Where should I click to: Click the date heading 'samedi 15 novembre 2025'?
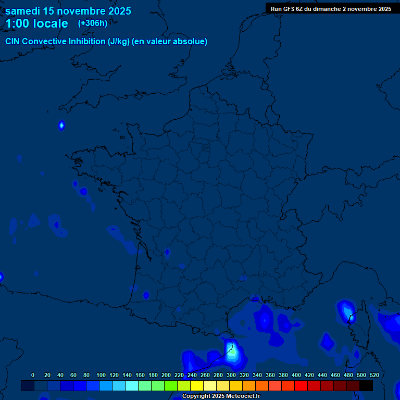point(68,11)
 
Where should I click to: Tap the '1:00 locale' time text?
point(36,23)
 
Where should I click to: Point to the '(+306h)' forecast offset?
point(93,23)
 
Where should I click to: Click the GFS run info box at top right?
point(331,8)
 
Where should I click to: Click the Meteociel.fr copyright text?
point(221,396)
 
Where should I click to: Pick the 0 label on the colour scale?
point(33,375)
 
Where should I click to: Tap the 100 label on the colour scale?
point(101,375)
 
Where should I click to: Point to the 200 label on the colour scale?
point(166,375)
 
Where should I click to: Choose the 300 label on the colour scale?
point(231,375)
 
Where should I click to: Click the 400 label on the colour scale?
point(296,375)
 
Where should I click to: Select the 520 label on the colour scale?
point(374,375)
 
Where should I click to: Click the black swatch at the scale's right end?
point(366,385)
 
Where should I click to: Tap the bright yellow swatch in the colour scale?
point(197,385)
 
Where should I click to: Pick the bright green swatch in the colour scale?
point(171,385)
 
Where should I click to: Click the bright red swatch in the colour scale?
point(301,385)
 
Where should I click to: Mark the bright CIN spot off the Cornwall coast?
point(61,125)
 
